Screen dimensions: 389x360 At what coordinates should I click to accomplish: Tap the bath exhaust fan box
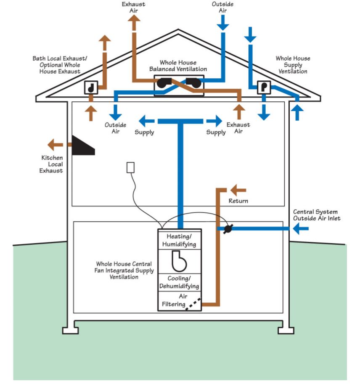point(91,87)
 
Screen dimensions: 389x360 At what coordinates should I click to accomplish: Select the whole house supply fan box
point(263,87)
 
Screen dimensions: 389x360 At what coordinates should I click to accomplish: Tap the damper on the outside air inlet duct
point(228,229)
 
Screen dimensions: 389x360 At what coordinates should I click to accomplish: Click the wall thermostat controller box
point(130,167)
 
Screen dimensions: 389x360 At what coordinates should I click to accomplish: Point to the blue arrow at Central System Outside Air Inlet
point(300,229)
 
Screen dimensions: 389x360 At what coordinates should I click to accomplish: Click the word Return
point(238,201)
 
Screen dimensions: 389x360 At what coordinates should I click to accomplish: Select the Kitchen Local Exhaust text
point(52,164)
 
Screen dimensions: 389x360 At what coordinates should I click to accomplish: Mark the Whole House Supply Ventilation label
point(293,65)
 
